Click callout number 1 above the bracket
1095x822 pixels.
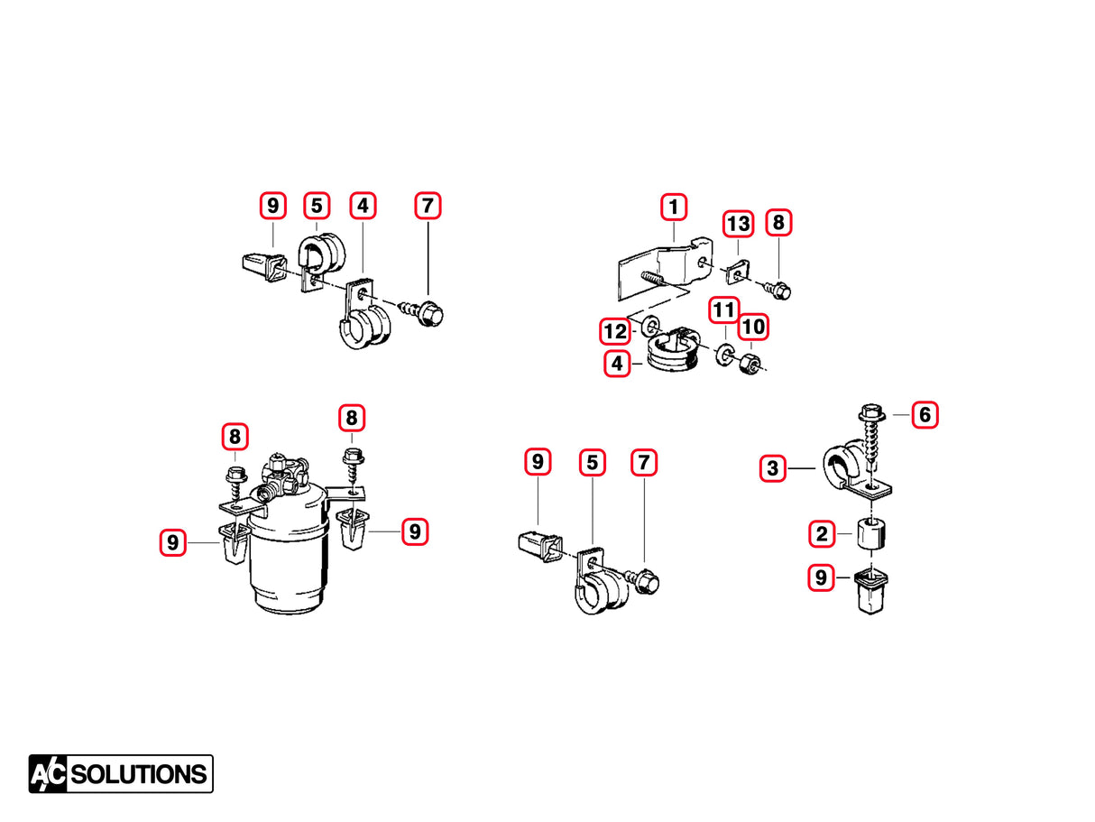[673, 207]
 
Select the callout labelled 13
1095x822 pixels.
[738, 223]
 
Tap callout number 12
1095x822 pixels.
[615, 331]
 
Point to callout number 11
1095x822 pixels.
[722, 309]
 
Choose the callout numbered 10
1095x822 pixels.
[754, 327]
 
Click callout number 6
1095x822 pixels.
[925, 414]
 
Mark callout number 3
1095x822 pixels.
[772, 469]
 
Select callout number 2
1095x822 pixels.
[821, 533]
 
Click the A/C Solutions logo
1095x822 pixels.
[121, 773]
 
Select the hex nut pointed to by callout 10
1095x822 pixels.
[748, 365]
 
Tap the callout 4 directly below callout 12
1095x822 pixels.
[617, 364]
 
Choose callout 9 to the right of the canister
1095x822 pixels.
[414, 531]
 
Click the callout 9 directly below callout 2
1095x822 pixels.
[821, 577]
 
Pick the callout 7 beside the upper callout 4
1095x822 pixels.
[428, 206]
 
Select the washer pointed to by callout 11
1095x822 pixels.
[723, 355]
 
